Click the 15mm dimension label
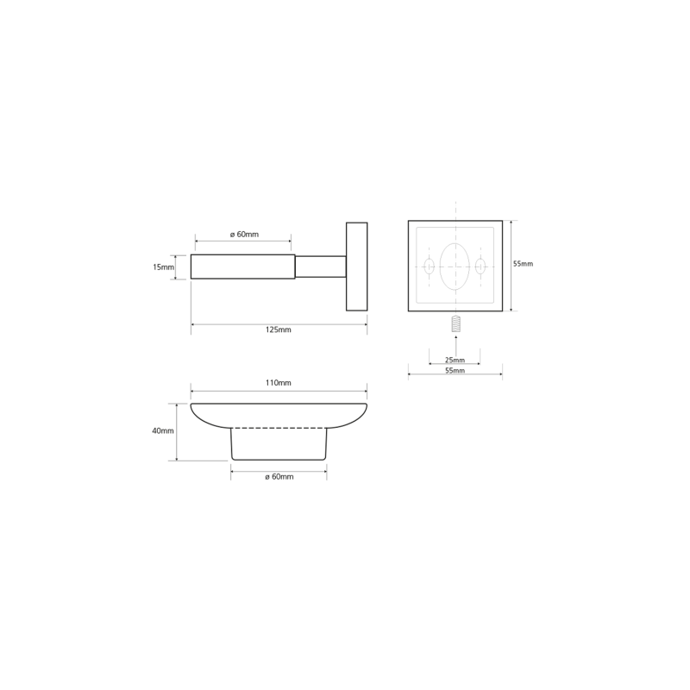pyautogui.click(x=163, y=267)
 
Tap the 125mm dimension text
pyautogui.click(x=278, y=329)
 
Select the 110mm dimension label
pyautogui.click(x=278, y=383)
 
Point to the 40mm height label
pyautogui.click(x=163, y=430)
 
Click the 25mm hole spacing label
pyautogui.click(x=455, y=360)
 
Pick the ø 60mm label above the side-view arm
pyautogui.click(x=244, y=235)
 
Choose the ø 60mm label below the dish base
pyautogui.click(x=279, y=477)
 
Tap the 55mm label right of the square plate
pyautogui.click(x=523, y=264)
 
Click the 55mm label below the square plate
pyautogui.click(x=455, y=371)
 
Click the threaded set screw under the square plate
pyautogui.click(x=456, y=325)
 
